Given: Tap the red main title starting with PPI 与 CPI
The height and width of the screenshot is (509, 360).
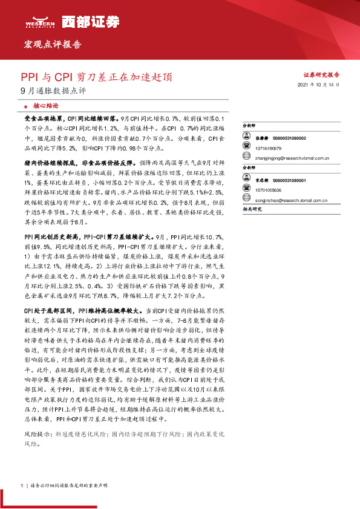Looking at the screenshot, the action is [96, 77].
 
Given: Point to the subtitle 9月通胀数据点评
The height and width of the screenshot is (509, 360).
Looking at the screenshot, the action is [53, 92].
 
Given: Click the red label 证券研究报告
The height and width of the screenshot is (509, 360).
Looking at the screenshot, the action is [321, 75].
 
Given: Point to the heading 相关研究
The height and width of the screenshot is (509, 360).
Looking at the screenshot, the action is [250, 209].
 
